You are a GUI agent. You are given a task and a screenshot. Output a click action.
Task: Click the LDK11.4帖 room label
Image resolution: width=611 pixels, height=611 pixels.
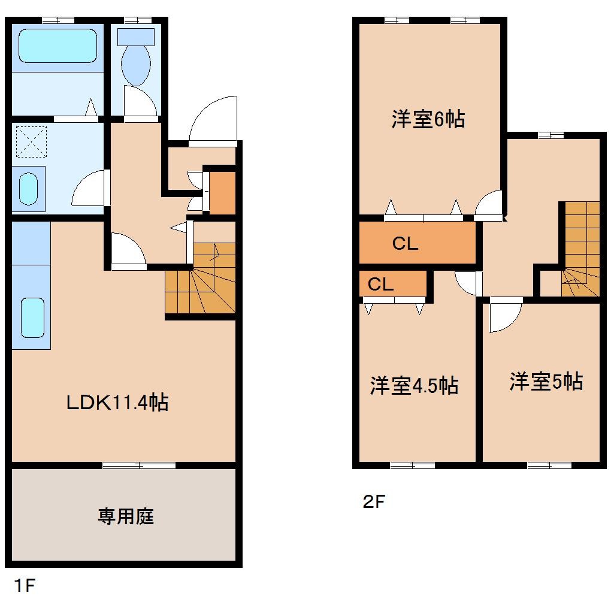[x=116, y=402]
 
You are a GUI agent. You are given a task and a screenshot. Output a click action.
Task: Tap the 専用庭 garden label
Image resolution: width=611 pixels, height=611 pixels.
[x=126, y=516]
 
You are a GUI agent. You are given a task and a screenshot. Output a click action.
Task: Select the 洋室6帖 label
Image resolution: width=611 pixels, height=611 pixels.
[x=428, y=119]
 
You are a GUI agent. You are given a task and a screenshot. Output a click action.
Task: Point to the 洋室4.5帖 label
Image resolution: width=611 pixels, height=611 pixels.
[x=414, y=385]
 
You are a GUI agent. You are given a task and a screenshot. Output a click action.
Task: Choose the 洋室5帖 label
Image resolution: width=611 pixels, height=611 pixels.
[x=546, y=381]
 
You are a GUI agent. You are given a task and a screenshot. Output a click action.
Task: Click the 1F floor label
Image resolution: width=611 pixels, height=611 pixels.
[x=25, y=585]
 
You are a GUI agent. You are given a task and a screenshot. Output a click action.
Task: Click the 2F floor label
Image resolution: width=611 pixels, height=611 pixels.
[x=373, y=501]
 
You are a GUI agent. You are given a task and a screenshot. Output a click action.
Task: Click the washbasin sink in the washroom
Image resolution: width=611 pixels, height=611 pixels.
[x=28, y=188]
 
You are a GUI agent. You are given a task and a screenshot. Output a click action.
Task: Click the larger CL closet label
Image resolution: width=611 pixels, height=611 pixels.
[x=405, y=244]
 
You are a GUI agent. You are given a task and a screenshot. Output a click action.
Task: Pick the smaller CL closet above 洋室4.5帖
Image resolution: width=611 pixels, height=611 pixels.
[x=380, y=285]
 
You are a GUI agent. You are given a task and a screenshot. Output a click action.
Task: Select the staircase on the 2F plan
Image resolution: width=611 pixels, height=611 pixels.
[x=580, y=249]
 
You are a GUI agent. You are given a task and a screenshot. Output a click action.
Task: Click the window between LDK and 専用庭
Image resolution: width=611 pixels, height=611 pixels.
[x=139, y=465]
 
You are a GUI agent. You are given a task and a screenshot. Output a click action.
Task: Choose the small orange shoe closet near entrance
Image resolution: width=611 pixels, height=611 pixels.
[x=221, y=193]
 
